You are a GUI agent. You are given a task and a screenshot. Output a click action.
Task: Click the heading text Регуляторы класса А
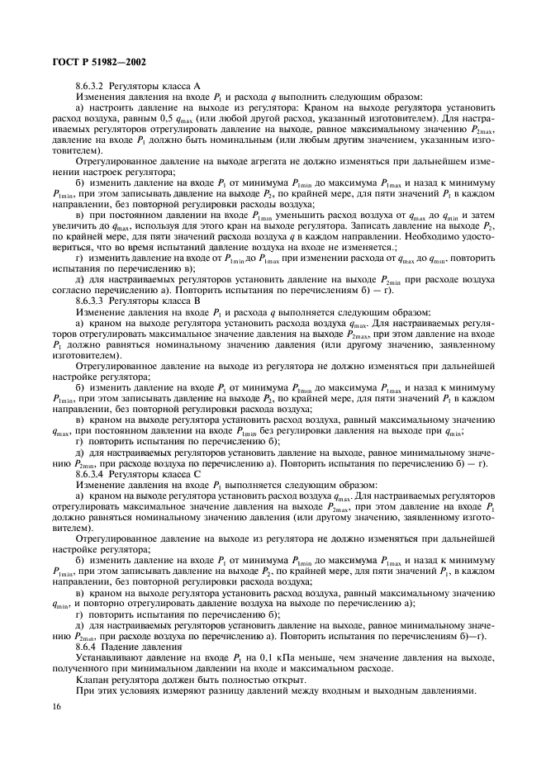pos(155,85)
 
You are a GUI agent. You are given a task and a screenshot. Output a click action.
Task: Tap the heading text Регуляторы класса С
pos(155,472)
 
